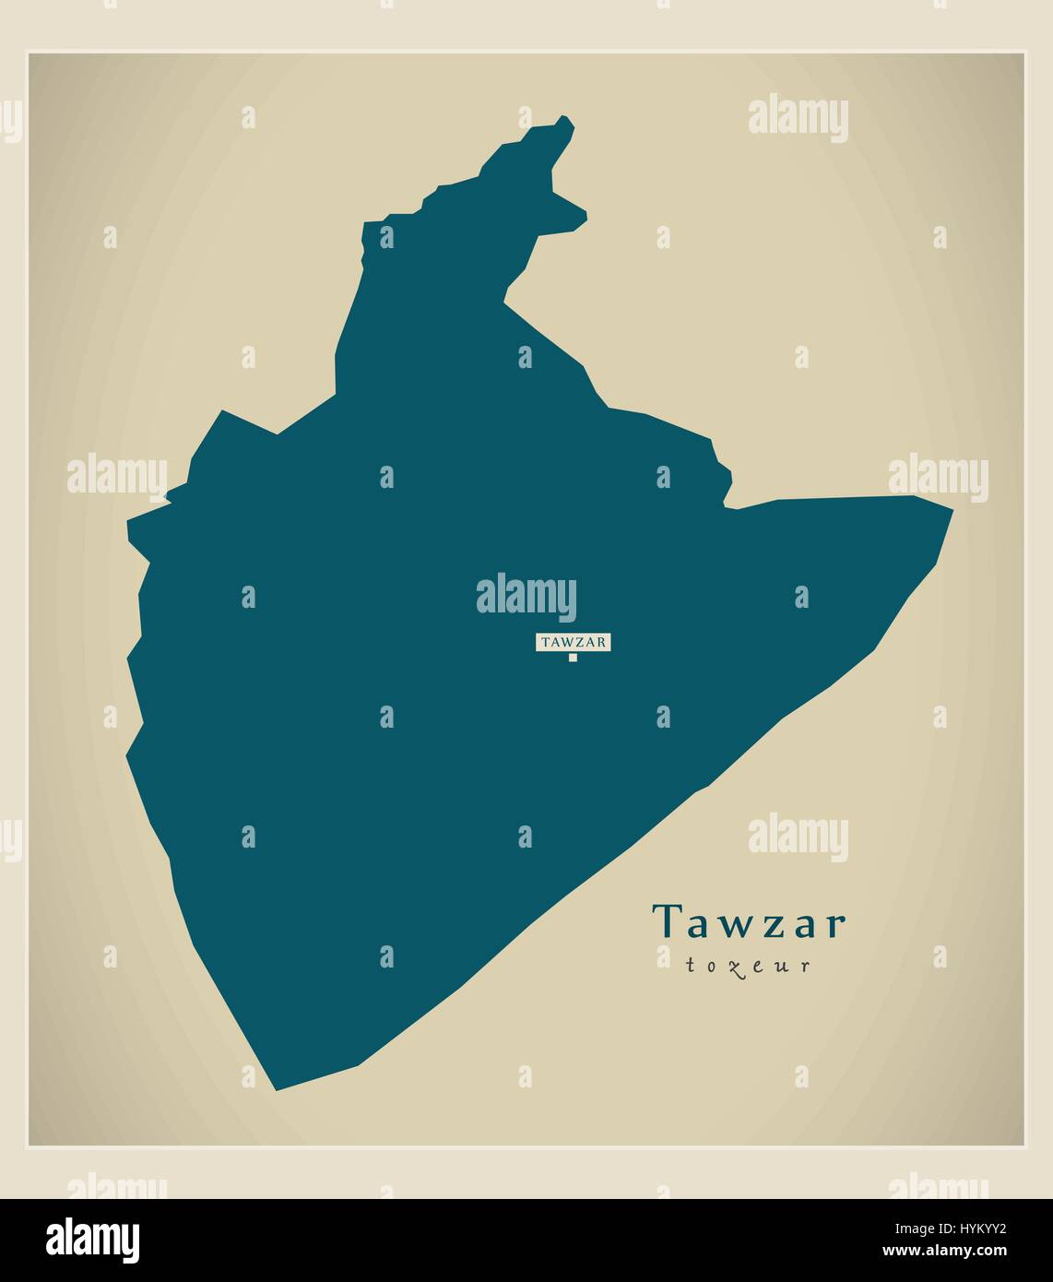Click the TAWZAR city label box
click(573, 642)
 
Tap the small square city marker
click(573, 658)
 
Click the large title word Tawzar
click(748, 922)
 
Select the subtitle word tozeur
click(748, 966)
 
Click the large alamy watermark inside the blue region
click(526, 596)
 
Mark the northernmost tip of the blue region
click(564, 118)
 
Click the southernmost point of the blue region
click(276, 1089)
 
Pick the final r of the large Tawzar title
click(834, 925)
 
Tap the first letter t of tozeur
click(689, 966)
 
